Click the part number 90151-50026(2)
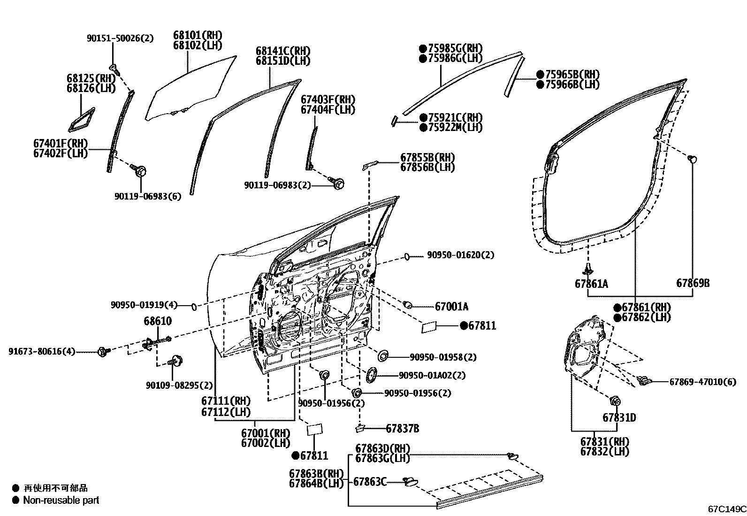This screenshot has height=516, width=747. tap(120, 39)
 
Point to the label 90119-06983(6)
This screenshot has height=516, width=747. tap(147, 196)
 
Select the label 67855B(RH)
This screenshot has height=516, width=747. tap(427, 157)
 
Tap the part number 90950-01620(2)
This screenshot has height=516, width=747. tap(460, 255)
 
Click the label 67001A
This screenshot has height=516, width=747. tap(451, 307)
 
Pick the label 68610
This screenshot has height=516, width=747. tap(157, 321)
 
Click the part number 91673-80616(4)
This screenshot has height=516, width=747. tap(41, 351)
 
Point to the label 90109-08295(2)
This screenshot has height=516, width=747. tap(179, 385)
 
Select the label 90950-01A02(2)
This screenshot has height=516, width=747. tap(432, 375)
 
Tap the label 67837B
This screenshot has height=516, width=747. tap(402, 428)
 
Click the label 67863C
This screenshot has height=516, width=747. tap(369, 481)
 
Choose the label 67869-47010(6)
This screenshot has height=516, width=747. tap(702, 382)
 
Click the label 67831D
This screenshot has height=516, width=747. tap(619, 417)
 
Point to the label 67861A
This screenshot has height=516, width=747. tap(591, 284)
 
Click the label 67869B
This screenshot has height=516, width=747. tap(693, 283)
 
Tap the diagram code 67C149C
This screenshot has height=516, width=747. tap(727, 508)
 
